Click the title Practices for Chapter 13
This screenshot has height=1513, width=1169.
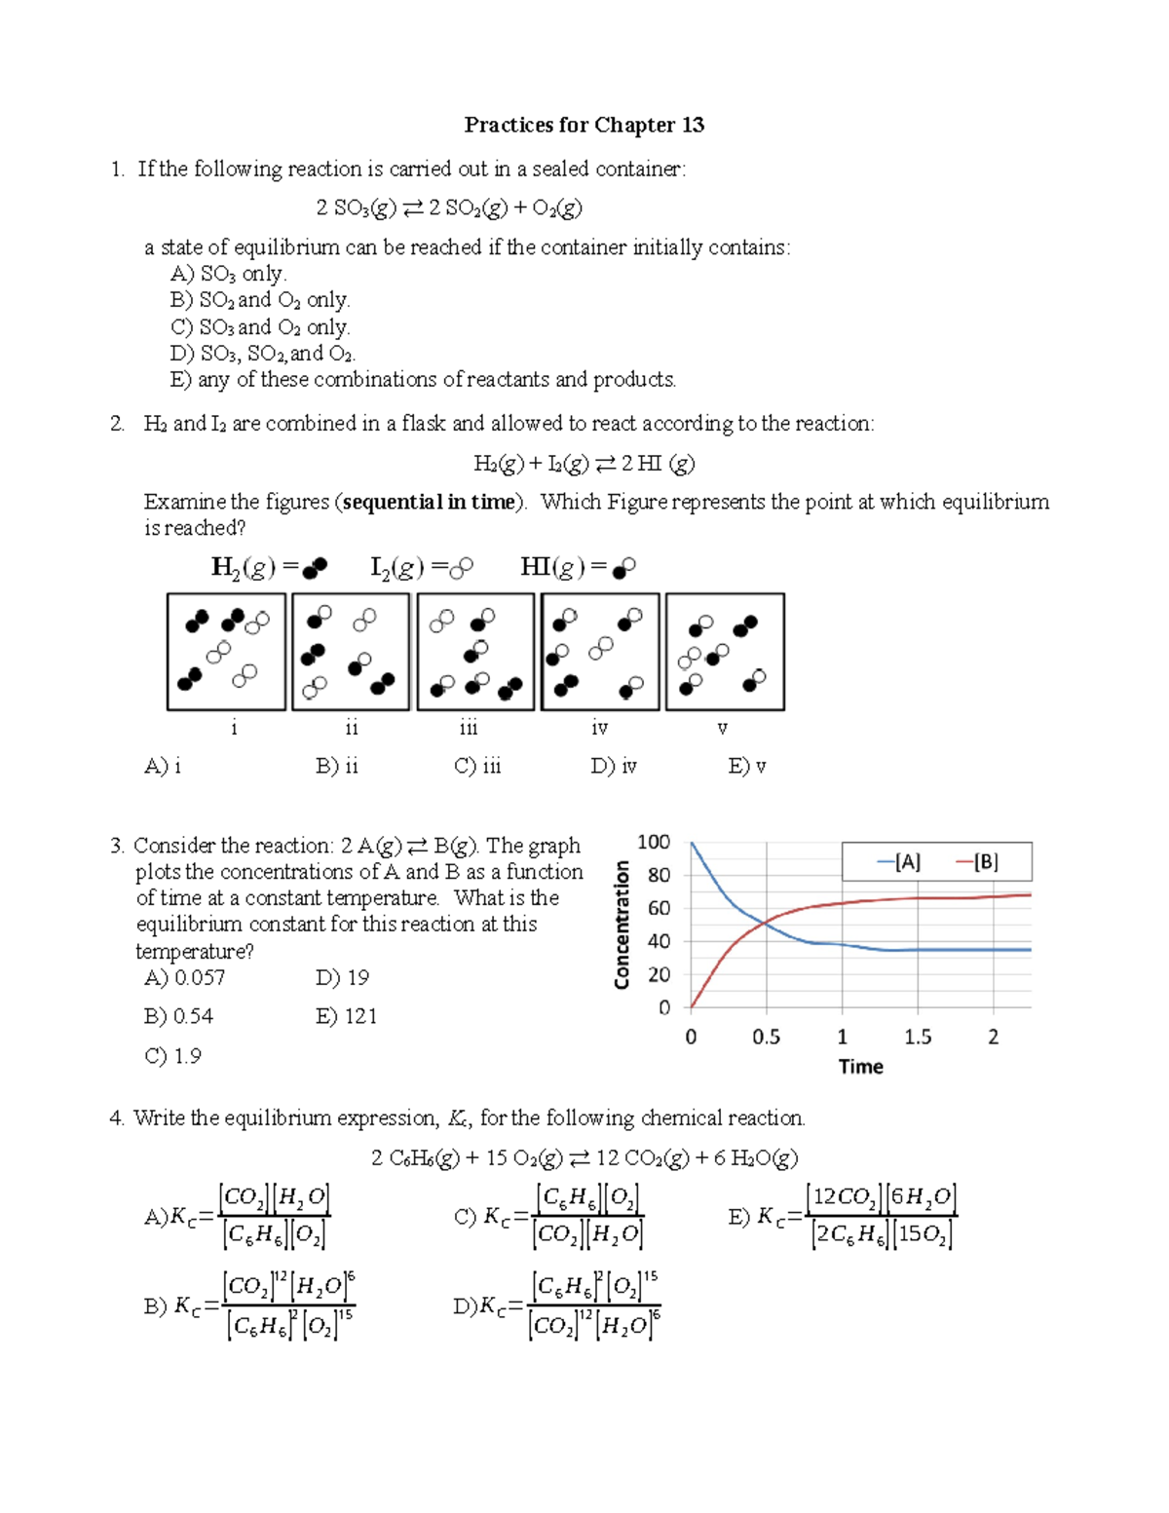(x=584, y=125)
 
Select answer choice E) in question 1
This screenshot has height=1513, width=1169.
(x=423, y=380)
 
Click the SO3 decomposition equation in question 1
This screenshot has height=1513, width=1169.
(x=449, y=208)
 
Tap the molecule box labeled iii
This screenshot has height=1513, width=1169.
(x=475, y=652)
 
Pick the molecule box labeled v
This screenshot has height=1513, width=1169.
(x=725, y=652)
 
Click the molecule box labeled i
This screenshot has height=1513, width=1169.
(x=226, y=652)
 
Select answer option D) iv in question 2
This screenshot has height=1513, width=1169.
(x=613, y=767)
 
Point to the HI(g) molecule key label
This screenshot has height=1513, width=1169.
(x=578, y=567)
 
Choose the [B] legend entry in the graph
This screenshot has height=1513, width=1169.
(x=977, y=862)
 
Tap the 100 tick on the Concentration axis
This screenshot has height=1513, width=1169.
(x=653, y=842)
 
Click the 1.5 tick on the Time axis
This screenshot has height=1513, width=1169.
(x=918, y=1038)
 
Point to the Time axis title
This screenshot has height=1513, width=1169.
(x=861, y=1067)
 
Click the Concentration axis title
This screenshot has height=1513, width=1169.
(x=622, y=925)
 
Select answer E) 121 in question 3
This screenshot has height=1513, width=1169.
(x=346, y=1016)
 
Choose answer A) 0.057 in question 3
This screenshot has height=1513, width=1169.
(x=185, y=978)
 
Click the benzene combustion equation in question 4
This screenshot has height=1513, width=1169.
(x=584, y=1158)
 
